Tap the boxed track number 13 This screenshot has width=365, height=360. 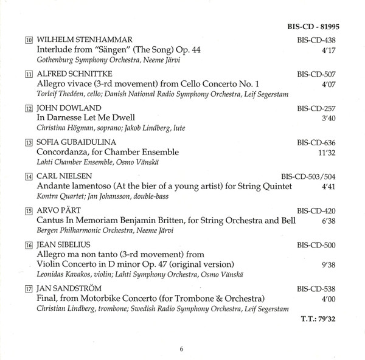[29, 142]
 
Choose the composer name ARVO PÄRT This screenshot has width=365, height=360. [57, 211]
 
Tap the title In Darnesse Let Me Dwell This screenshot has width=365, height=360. [86, 117]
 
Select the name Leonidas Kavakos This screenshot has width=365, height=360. [63, 275]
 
